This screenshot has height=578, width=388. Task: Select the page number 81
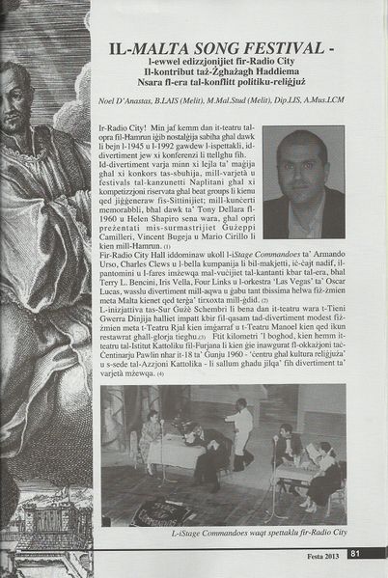(355, 553)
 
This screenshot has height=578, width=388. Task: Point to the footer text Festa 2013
(323, 553)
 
